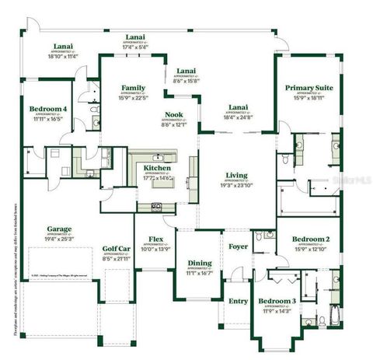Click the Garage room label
[x=60, y=230]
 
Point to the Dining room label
[x=198, y=264]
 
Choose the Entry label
[x=235, y=299]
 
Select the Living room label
[x=236, y=176]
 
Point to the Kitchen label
[x=158, y=167]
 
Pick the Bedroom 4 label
[x=48, y=108]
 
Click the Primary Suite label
[x=309, y=88]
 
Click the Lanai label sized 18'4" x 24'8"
[x=239, y=116]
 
